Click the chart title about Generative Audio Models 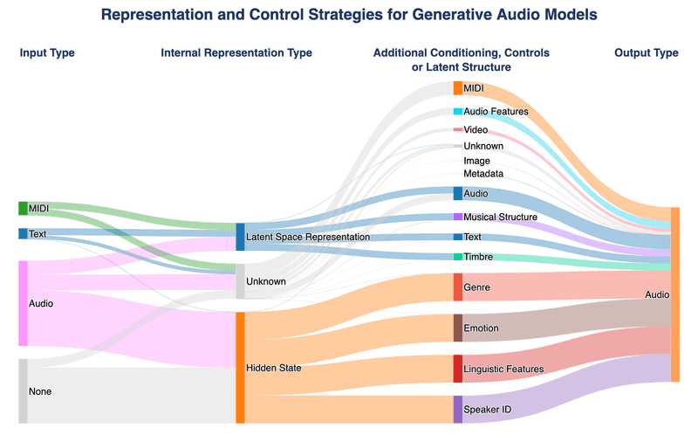pos(349,15)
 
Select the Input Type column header pos(47,53)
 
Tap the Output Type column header pos(646,53)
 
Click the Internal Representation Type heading pos(236,53)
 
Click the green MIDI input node pos(23,209)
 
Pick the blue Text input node pos(23,234)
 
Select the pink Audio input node pos(23,303)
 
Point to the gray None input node pos(23,391)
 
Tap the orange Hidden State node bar pos(240,368)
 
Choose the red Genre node pos(458,287)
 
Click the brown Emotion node pos(458,328)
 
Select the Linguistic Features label pos(503,369)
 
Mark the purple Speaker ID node pos(458,409)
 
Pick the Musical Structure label pos(500,217)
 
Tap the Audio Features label pos(496,112)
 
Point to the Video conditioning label pos(476,129)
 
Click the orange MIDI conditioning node pos(458,88)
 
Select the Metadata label pos(483,174)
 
